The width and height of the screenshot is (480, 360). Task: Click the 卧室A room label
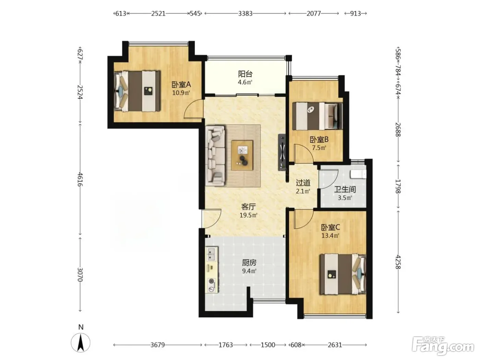pyautogui.click(x=181, y=84)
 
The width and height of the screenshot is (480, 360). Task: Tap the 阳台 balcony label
pyautogui.click(x=245, y=74)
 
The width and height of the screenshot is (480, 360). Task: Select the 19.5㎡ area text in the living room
pyautogui.click(x=249, y=215)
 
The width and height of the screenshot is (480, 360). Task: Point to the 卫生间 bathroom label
pyautogui.click(x=345, y=190)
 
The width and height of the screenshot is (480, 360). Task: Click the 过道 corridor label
pyautogui.click(x=303, y=182)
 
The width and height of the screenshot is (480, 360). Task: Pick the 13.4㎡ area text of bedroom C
pyautogui.click(x=330, y=236)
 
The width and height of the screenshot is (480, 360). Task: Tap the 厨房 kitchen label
pyautogui.click(x=249, y=263)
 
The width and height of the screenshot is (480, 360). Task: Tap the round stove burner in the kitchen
pyautogui.click(x=211, y=281)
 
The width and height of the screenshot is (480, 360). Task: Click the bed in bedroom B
pyautogui.click(x=317, y=116)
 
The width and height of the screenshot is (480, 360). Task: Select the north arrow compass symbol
pyautogui.click(x=81, y=343)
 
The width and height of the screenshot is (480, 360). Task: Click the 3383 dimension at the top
pyautogui.click(x=245, y=14)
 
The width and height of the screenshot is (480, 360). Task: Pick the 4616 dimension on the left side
pyautogui.click(x=80, y=179)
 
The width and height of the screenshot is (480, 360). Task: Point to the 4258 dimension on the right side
pyautogui.click(x=398, y=262)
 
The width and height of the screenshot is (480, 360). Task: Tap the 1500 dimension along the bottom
pyautogui.click(x=268, y=345)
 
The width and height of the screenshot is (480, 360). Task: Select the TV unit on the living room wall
pyautogui.click(x=282, y=152)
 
